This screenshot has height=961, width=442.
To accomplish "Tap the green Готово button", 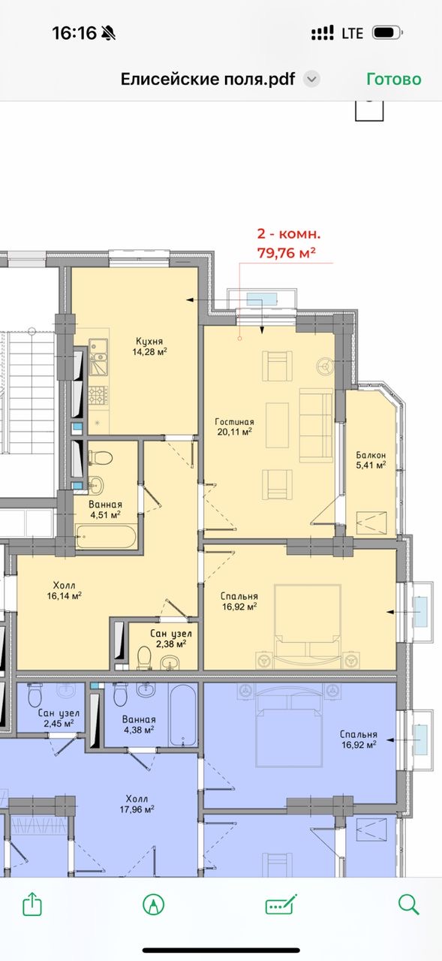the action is (x=393, y=79).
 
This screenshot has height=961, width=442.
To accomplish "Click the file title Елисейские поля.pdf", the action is (x=208, y=79).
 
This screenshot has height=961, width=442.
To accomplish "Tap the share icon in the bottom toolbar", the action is (x=32, y=905).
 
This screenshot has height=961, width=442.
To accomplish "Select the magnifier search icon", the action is (x=408, y=905).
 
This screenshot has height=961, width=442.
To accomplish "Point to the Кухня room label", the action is (x=149, y=342).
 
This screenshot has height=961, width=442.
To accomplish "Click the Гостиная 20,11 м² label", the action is (x=234, y=427).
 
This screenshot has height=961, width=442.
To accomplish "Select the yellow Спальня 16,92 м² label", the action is (x=239, y=601).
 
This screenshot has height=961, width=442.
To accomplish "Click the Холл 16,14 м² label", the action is (x=65, y=590).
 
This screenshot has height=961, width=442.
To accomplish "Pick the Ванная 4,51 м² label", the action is (x=106, y=510).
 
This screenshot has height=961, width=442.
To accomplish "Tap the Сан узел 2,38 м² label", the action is (x=171, y=638).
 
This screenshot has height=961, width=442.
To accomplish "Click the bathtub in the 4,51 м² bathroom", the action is (x=107, y=536).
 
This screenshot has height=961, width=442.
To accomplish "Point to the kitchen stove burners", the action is (x=98, y=395).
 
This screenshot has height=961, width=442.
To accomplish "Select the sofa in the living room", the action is (x=317, y=425).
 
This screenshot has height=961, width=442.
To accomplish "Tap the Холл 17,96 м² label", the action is (x=137, y=804).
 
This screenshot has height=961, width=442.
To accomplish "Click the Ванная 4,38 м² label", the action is (x=139, y=725).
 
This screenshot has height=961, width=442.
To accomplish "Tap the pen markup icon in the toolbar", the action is (x=154, y=905).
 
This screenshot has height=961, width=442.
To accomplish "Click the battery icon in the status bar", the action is (x=387, y=33).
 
